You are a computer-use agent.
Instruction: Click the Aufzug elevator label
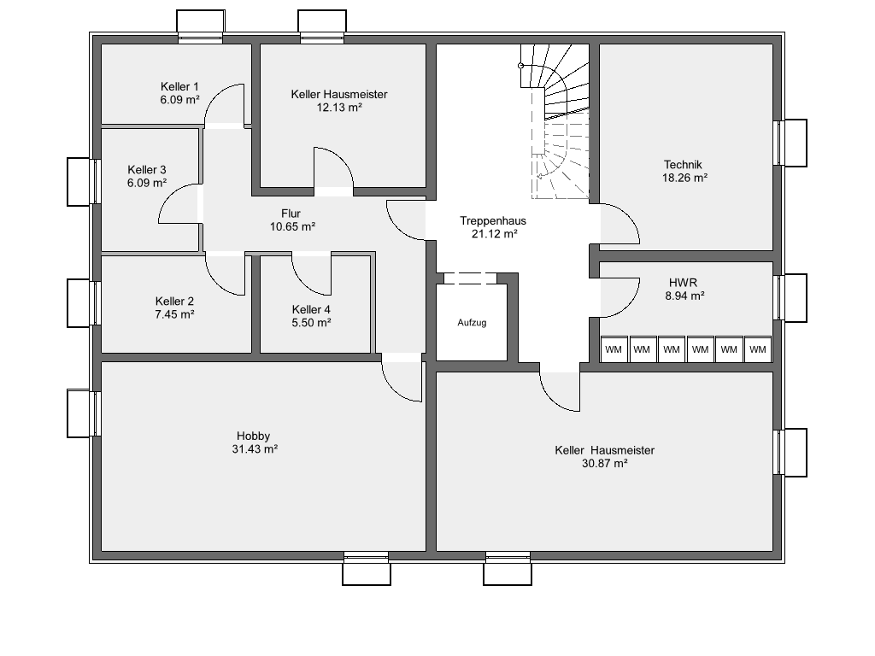click(472, 323)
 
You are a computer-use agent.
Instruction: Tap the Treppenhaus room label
click(493, 221)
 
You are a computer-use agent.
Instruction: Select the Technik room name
click(683, 165)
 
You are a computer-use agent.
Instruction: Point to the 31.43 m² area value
click(255, 449)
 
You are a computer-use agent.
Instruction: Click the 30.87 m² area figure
click(605, 463)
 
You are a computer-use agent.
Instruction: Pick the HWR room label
click(683, 283)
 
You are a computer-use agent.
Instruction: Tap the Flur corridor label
click(291, 214)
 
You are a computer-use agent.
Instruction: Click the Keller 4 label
click(311, 309)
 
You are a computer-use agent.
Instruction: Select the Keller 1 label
click(179, 86)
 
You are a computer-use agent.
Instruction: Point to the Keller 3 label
click(147, 170)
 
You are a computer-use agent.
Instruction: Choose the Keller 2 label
click(174, 302)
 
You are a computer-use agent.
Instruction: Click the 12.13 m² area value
click(339, 107)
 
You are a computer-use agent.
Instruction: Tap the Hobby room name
click(253, 436)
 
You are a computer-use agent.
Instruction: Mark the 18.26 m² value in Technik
click(684, 178)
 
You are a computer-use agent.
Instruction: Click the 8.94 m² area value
click(684, 296)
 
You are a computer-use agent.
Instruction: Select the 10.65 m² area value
click(292, 227)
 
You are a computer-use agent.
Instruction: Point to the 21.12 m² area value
click(495, 234)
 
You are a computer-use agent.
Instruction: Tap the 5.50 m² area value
click(311, 323)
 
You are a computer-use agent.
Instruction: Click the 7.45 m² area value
click(174, 314)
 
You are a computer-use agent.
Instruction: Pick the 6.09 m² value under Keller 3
click(147, 183)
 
